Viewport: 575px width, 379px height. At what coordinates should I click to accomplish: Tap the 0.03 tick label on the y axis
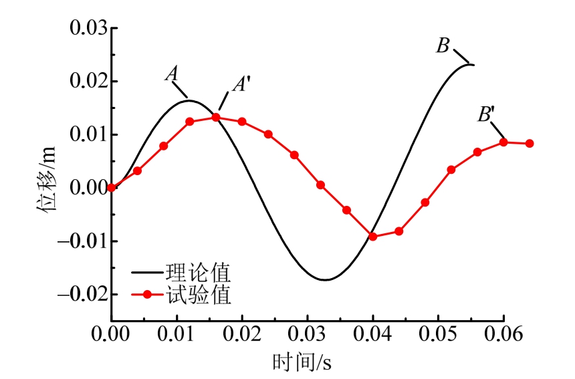(x=89, y=29)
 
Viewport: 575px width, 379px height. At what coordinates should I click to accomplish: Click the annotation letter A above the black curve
(x=172, y=73)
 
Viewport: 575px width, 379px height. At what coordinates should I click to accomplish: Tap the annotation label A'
(x=241, y=84)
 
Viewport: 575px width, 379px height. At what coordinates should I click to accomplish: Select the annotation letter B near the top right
(x=443, y=46)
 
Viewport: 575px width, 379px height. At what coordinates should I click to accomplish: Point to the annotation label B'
(x=485, y=114)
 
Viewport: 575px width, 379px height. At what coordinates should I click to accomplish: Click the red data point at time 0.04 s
(x=373, y=237)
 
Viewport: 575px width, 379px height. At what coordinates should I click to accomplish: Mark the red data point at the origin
(x=112, y=188)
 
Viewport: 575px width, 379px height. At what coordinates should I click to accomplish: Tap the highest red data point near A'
(x=216, y=117)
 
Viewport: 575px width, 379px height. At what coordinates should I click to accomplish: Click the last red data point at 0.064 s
(x=530, y=143)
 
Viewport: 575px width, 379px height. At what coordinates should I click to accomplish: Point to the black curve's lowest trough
(x=325, y=279)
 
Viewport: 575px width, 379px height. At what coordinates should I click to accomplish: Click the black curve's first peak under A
(x=189, y=101)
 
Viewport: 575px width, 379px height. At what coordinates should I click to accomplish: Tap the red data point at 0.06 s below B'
(x=503, y=142)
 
